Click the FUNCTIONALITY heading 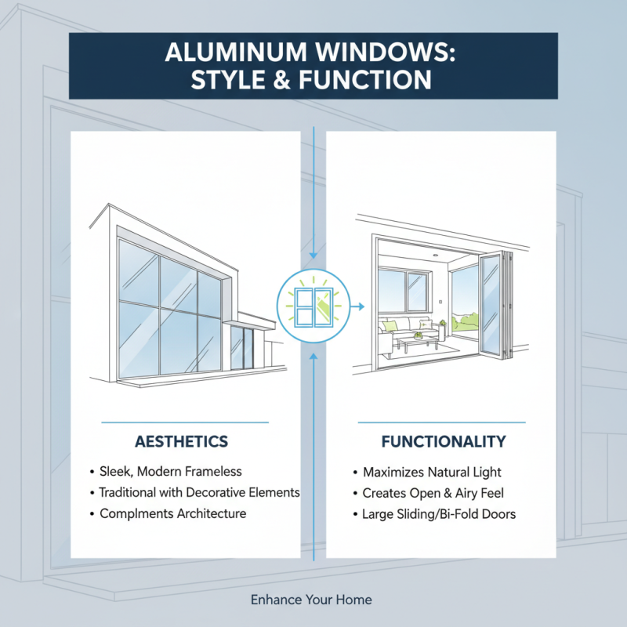443,442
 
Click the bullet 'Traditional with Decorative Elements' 199,493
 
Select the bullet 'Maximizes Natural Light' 432,473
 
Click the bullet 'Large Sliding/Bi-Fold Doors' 439,515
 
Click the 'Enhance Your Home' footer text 311,600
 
